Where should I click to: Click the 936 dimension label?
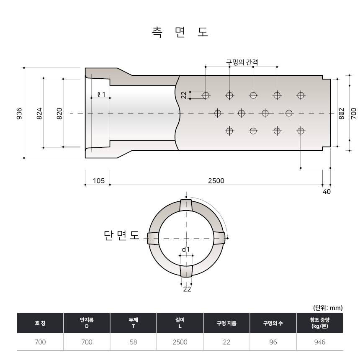19,113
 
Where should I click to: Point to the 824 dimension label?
39,113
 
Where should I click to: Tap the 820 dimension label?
59,113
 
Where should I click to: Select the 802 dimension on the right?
342,113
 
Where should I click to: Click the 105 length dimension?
98,181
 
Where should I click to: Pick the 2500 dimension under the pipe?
216,181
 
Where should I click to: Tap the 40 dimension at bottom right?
327,191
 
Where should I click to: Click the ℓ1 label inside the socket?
101,94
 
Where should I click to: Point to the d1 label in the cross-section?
186,249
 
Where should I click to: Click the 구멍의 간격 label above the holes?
242,62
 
